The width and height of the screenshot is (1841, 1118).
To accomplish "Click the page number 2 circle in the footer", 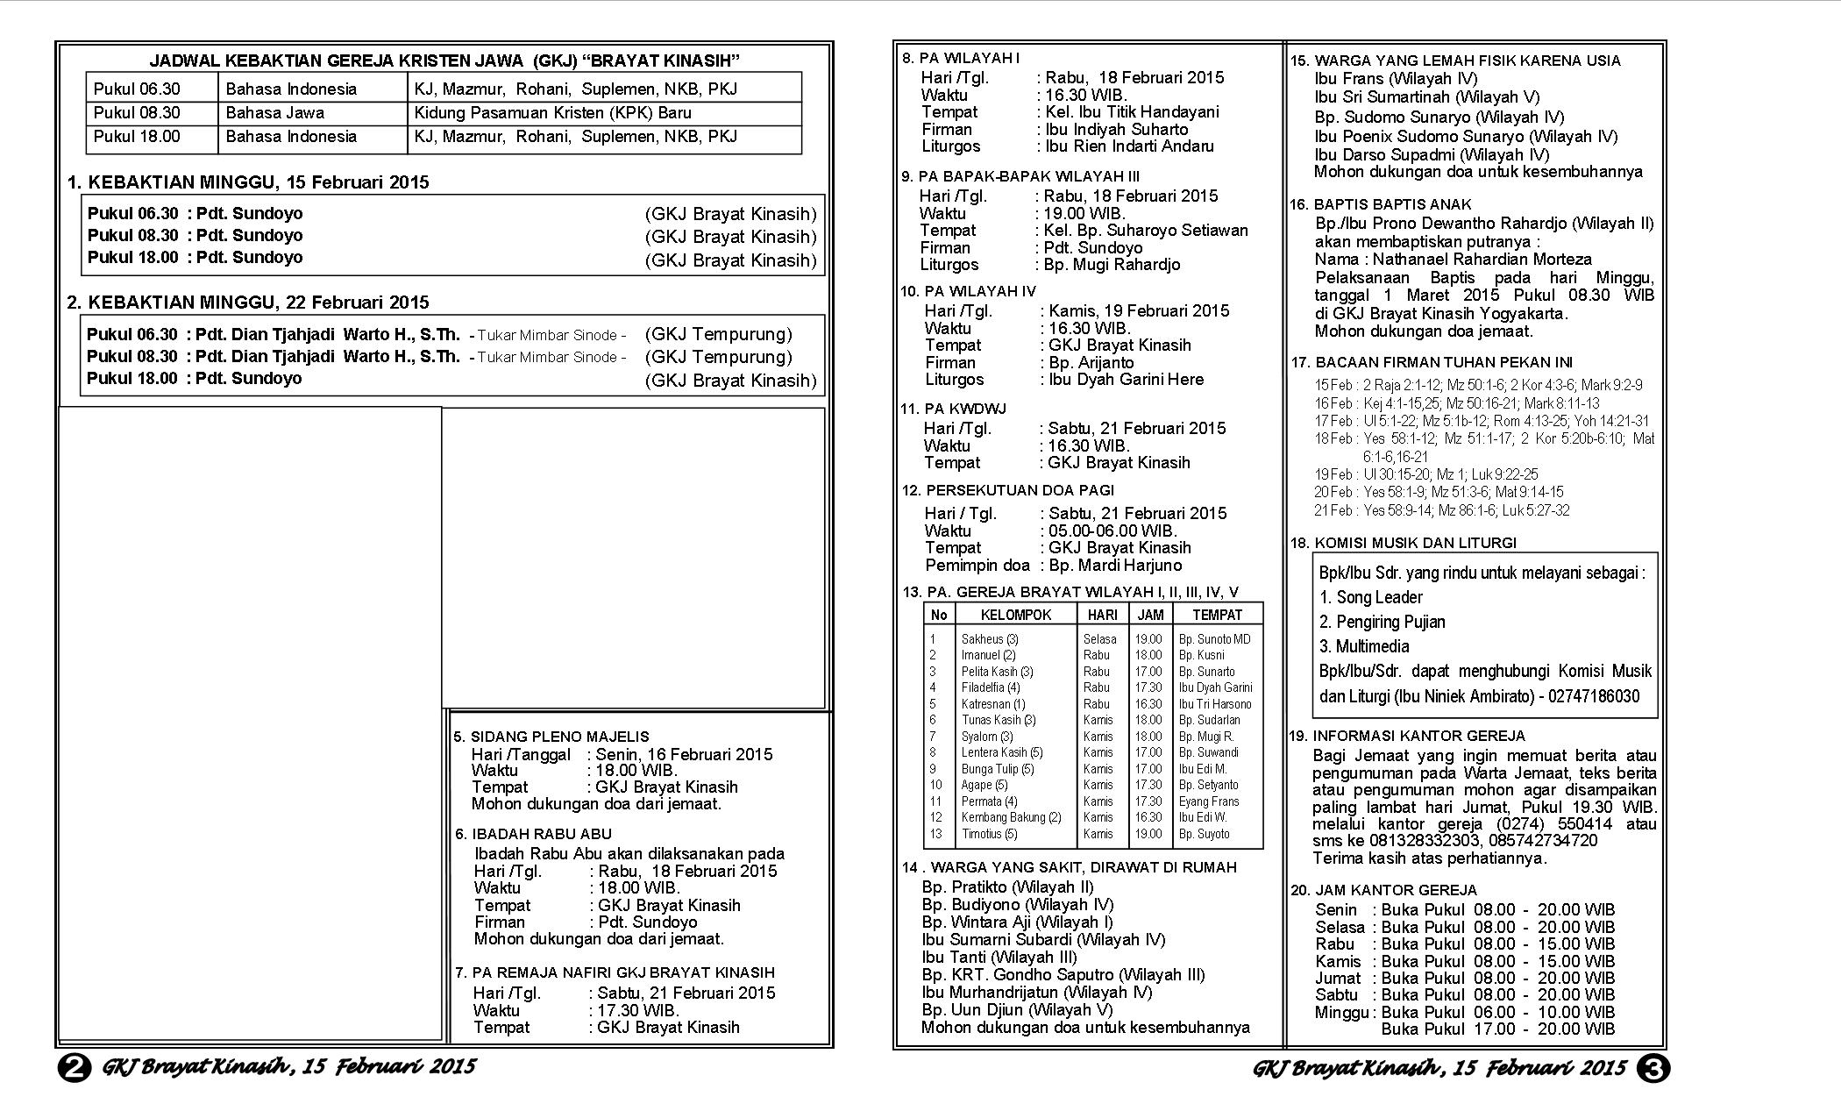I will click(75, 1068).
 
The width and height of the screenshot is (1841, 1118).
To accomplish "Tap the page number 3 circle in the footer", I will click(1653, 1068).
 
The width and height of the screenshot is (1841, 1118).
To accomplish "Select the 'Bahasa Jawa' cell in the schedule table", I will click(275, 113).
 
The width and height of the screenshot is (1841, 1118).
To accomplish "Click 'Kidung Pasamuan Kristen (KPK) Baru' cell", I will click(553, 113).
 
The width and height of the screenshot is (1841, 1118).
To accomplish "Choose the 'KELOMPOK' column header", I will click(1015, 615).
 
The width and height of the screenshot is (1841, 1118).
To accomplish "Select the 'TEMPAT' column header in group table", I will click(1217, 615).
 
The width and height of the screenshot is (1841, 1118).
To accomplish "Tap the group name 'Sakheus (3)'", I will click(990, 639).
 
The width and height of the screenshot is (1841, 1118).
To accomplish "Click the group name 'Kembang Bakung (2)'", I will click(1011, 817).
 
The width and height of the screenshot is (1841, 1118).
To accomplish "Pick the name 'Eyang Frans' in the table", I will click(1209, 801).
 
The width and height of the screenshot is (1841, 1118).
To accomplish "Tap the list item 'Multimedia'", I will click(1372, 646).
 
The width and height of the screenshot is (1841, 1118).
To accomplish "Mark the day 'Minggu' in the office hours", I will click(1340, 1013).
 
